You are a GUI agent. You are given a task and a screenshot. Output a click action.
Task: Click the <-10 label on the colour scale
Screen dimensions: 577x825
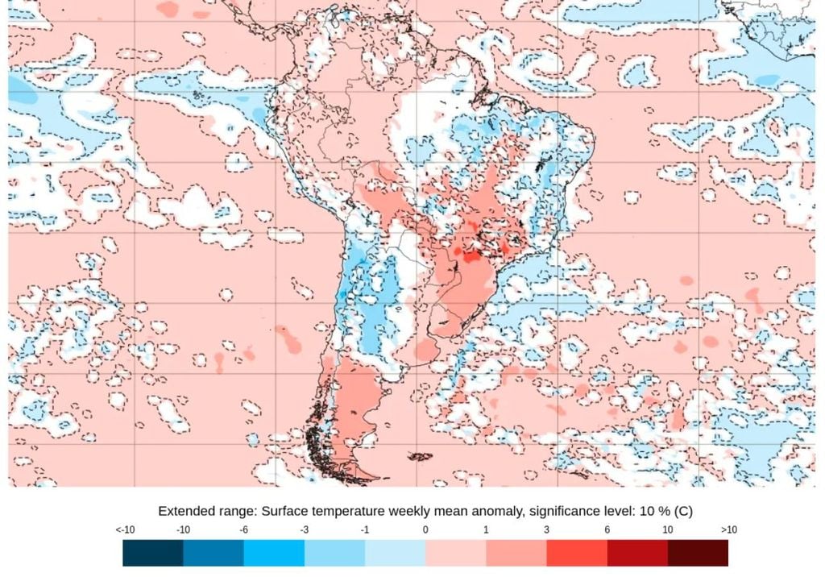click(x=124, y=529)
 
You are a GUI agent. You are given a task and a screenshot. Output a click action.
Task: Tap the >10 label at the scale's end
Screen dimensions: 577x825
click(x=728, y=529)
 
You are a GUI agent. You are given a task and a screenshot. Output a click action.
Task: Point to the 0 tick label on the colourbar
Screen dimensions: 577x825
click(x=425, y=529)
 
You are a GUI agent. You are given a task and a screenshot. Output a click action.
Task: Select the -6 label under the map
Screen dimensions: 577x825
click(x=244, y=529)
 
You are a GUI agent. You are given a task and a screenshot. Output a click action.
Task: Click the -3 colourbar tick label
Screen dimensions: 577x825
click(x=305, y=529)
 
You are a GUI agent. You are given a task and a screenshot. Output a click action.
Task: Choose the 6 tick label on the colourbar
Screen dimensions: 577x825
click(x=607, y=529)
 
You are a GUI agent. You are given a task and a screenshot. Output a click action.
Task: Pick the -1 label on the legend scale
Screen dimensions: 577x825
click(x=365, y=529)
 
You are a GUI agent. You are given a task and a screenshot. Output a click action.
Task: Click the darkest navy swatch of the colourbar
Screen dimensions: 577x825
click(x=153, y=553)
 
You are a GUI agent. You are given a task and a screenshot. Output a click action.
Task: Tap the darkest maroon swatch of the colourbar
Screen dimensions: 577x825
click(x=698, y=553)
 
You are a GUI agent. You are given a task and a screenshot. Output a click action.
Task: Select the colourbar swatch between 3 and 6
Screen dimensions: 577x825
click(x=577, y=553)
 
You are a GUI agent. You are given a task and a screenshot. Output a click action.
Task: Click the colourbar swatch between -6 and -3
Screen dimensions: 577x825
click(x=274, y=553)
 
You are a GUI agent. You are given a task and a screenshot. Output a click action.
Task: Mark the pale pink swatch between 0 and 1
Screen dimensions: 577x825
click(x=456, y=553)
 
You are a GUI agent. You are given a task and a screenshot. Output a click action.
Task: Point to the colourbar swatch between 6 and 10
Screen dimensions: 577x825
click(x=637, y=553)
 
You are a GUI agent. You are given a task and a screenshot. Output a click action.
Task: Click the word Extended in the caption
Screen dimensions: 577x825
click(x=184, y=511)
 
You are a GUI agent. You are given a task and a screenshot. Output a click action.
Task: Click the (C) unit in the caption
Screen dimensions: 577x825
click(x=683, y=511)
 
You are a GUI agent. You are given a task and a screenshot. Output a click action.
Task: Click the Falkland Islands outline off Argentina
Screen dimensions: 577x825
click(x=420, y=457)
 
